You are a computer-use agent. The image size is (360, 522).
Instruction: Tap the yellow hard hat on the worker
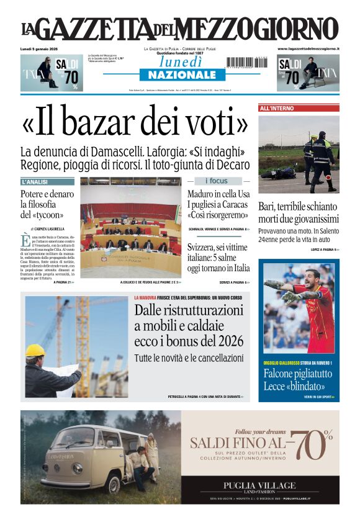click(x=35, y=351)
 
